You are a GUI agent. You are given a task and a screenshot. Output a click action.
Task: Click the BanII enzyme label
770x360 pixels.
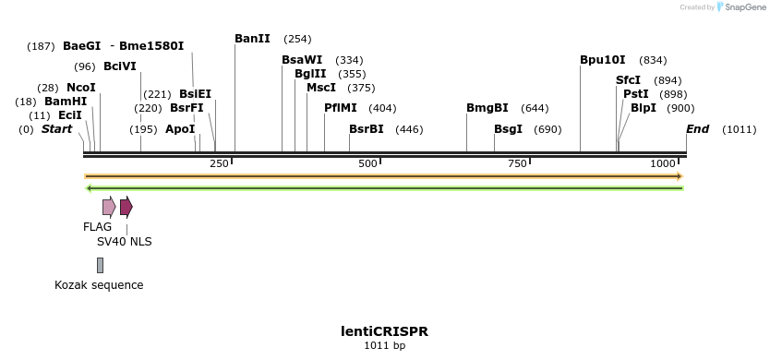pyautogui.click(x=252, y=39)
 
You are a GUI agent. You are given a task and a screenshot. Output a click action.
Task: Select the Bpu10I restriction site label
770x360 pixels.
pyautogui.click(x=602, y=60)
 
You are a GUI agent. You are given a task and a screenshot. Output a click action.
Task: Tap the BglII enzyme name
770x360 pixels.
pyautogui.click(x=310, y=74)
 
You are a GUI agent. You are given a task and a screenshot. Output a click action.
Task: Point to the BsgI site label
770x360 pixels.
pyautogui.click(x=508, y=129)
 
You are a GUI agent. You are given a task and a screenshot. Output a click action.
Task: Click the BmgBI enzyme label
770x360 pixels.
pyautogui.click(x=487, y=108)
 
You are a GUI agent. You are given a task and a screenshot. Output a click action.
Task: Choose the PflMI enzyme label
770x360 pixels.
pyautogui.click(x=340, y=108)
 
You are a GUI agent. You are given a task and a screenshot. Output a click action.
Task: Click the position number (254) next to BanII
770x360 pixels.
pyautogui.click(x=297, y=39)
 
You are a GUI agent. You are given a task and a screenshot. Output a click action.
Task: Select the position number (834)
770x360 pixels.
pyautogui.click(x=653, y=60)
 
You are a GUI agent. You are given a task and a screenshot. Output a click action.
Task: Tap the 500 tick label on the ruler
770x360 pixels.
pyautogui.click(x=367, y=163)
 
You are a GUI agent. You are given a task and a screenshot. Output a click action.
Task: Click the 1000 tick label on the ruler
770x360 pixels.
pyautogui.click(x=663, y=163)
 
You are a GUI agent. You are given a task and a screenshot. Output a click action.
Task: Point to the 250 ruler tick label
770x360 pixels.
pyautogui.click(x=219, y=163)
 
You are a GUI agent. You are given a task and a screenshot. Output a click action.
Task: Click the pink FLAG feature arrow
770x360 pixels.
pyautogui.click(x=109, y=206)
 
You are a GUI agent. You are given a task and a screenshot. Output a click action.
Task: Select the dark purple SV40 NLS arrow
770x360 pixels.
pyautogui.click(x=126, y=206)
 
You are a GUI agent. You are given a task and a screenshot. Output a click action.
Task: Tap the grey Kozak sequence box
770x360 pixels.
pyautogui.click(x=100, y=265)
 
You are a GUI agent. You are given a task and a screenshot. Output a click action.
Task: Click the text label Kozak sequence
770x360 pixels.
pyautogui.click(x=99, y=285)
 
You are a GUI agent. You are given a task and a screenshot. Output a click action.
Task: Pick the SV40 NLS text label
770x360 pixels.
pyautogui.click(x=125, y=242)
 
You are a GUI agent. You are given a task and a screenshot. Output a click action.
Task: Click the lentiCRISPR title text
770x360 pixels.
pyautogui.click(x=384, y=331)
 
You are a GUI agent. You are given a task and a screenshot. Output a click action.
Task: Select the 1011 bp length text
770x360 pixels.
pyautogui.click(x=384, y=346)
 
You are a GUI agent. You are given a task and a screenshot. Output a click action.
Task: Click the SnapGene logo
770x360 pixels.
pyautogui.click(x=739, y=7)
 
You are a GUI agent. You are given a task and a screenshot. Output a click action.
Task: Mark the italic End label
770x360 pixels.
pyautogui.click(x=697, y=129)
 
